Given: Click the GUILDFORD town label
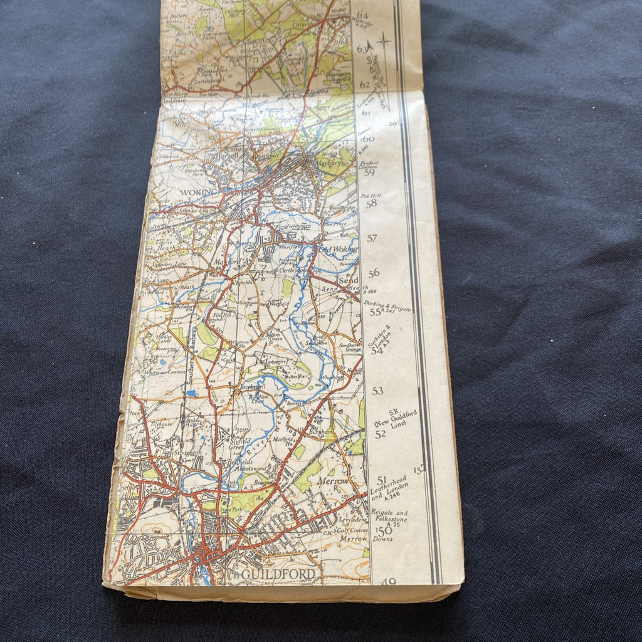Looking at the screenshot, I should (x=278, y=574).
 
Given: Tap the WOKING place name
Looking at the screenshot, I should (x=199, y=192).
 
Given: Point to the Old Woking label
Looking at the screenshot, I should (x=338, y=248).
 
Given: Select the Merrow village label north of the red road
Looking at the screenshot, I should (x=334, y=481).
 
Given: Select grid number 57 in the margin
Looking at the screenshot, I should (x=372, y=239).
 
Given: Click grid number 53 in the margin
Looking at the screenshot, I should (x=377, y=391).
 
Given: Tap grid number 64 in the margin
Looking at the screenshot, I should (x=362, y=15).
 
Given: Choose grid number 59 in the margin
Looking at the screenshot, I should (x=369, y=172).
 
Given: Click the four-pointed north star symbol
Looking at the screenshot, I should (x=383, y=42).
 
